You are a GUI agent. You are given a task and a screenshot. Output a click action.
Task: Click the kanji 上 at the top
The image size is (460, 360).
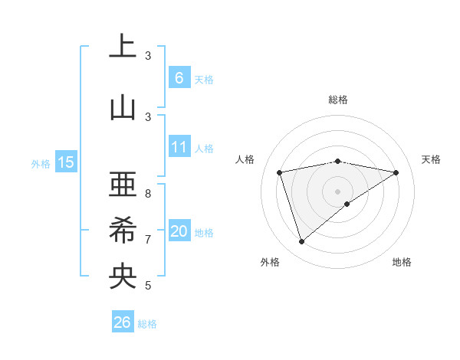click(123, 47)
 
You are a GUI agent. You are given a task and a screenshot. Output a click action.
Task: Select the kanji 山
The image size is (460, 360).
click(123, 107)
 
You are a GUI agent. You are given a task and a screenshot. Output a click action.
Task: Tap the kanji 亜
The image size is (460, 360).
click(123, 185)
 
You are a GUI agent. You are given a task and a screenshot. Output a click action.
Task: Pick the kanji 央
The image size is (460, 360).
click(123, 277)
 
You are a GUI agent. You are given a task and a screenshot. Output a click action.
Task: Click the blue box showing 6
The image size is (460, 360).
click(179, 78)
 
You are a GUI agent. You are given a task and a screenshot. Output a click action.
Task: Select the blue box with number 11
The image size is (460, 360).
click(179, 148)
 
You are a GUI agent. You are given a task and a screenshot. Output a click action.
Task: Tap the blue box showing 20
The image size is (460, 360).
click(179, 232)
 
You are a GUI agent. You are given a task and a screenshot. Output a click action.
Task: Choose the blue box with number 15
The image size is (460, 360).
click(65, 162)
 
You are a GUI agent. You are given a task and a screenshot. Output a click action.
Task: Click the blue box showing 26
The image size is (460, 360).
click(122, 322)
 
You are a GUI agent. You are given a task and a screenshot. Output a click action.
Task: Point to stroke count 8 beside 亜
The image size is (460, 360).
click(148, 194)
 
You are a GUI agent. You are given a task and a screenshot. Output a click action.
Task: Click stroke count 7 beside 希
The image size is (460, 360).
click(148, 240)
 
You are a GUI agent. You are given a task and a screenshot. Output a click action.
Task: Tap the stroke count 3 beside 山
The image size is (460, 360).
click(148, 116)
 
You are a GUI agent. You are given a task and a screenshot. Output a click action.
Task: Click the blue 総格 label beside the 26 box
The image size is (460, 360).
click(147, 324)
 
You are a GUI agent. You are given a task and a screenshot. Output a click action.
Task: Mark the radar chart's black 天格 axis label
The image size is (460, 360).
click(431, 159)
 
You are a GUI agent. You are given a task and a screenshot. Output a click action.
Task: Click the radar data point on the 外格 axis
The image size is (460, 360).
click(301, 242)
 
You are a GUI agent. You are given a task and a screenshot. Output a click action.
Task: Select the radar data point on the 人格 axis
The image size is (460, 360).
click(280, 172)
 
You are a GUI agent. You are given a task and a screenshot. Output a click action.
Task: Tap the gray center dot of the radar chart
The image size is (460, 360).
click(337, 191)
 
